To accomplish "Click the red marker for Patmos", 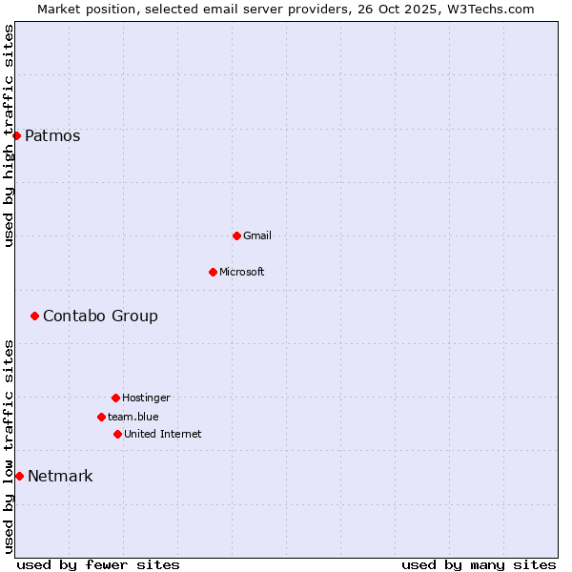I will tap(16, 135).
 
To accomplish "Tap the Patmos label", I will tap(52, 135).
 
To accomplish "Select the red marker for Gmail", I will tap(236, 235).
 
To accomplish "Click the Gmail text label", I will tap(257, 235).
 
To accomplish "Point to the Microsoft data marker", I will tap(213, 272).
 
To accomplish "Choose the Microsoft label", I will tap(242, 272).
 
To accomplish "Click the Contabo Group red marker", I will tap(34, 316).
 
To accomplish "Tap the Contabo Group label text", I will tap(100, 316).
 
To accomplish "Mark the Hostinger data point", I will tap(115, 398).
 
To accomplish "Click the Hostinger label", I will tap(146, 398).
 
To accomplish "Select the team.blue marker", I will tap(101, 417).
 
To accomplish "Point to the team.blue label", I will tap(133, 417).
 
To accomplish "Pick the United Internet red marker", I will tap(117, 434).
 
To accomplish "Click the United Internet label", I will tap(163, 434).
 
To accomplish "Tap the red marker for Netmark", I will tap(19, 476).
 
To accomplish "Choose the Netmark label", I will tap(60, 476).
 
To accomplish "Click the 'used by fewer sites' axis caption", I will tap(98, 564).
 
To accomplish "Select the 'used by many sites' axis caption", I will tap(479, 564).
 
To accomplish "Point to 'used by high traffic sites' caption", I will tap(9, 135).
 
